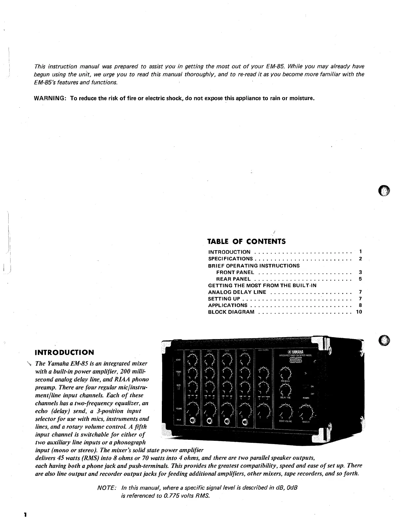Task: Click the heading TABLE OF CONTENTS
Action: [x=246, y=241]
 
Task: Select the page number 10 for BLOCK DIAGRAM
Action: [x=359, y=312]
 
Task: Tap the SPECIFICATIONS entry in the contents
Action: [x=230, y=259]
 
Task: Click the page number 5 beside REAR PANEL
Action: [x=360, y=279]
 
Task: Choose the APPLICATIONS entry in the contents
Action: [x=228, y=305]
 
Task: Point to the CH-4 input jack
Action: [x=245, y=422]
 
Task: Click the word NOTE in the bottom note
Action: [x=107, y=488]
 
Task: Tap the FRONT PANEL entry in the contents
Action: [x=235, y=272]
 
